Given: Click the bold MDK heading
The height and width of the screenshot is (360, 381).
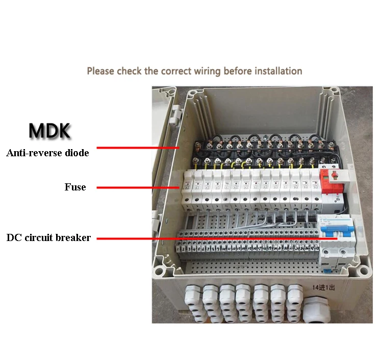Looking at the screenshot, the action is click(49, 131).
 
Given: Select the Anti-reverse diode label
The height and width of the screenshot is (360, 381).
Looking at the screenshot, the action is click(47, 153).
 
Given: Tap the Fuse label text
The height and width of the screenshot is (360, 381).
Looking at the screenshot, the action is click(75, 187).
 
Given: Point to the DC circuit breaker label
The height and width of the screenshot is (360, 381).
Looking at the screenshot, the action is click(48, 237).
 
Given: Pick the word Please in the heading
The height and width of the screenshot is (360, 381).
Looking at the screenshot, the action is click(100, 71).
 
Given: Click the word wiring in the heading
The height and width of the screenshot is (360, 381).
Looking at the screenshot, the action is click(207, 71).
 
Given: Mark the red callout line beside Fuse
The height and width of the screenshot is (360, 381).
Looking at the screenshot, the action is click(138, 187).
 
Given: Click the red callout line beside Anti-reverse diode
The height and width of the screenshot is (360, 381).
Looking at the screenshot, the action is click(138, 148).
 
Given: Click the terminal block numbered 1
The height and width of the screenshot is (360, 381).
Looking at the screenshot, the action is click(182, 249).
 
